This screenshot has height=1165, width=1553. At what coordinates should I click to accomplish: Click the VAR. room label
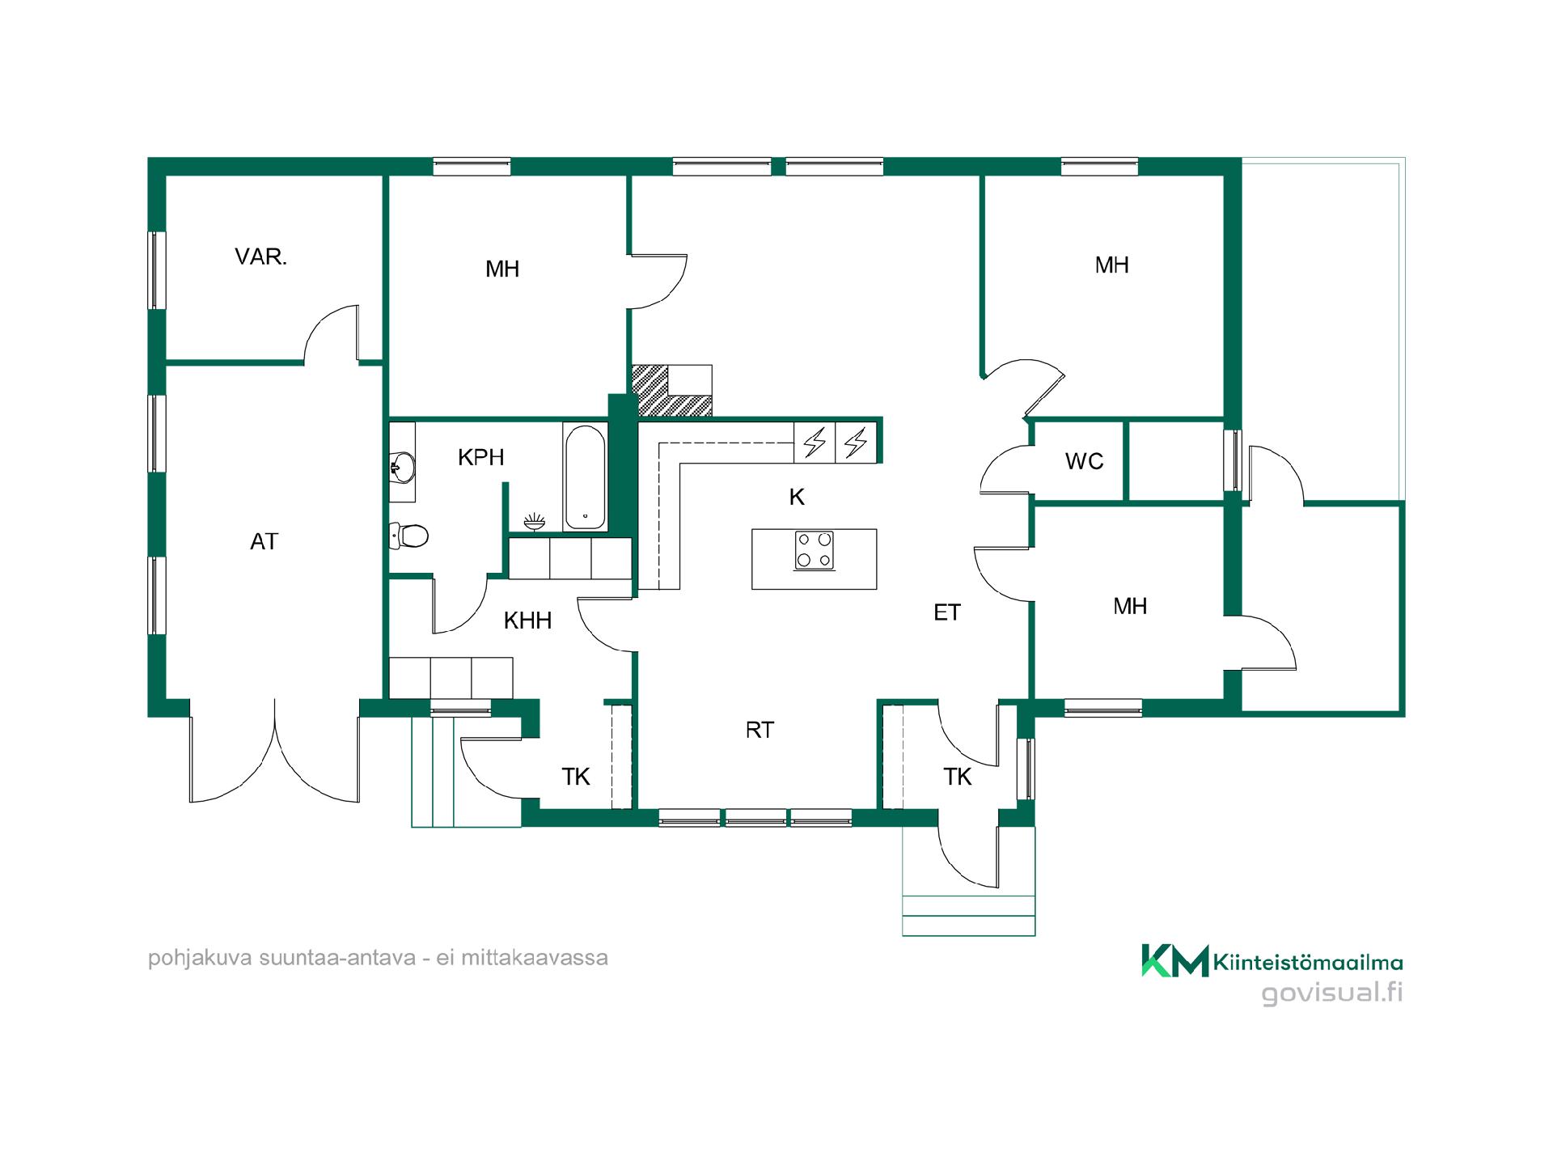(x=260, y=257)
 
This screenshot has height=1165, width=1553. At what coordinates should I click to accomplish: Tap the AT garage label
(x=264, y=541)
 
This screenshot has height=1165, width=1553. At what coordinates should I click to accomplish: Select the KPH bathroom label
(x=480, y=457)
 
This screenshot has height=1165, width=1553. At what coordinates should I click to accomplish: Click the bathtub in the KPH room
(x=584, y=477)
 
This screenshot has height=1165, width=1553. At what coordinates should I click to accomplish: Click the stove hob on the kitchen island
(x=814, y=550)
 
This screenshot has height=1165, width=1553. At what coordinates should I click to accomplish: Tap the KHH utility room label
(x=527, y=621)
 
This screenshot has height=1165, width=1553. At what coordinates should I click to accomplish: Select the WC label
(x=1084, y=461)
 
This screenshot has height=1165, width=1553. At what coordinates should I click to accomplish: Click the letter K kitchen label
(x=797, y=497)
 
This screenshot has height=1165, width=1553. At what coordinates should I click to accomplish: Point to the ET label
(x=947, y=612)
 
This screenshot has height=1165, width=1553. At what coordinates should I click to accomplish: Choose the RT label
(x=760, y=730)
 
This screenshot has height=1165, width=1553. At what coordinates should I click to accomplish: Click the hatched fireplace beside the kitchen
(x=671, y=391)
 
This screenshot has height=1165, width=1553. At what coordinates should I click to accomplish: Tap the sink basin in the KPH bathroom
(x=402, y=466)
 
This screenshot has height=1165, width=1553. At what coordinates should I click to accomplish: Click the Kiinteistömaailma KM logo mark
(x=1174, y=960)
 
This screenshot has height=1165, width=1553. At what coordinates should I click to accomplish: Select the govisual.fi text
(x=1332, y=993)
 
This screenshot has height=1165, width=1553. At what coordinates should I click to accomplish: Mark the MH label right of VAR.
(x=502, y=269)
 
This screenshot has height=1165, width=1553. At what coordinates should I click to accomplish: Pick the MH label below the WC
(x=1130, y=606)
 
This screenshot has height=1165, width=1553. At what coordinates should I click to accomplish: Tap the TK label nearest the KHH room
(x=576, y=777)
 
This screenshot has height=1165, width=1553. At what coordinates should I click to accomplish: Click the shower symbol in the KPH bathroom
(x=534, y=521)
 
